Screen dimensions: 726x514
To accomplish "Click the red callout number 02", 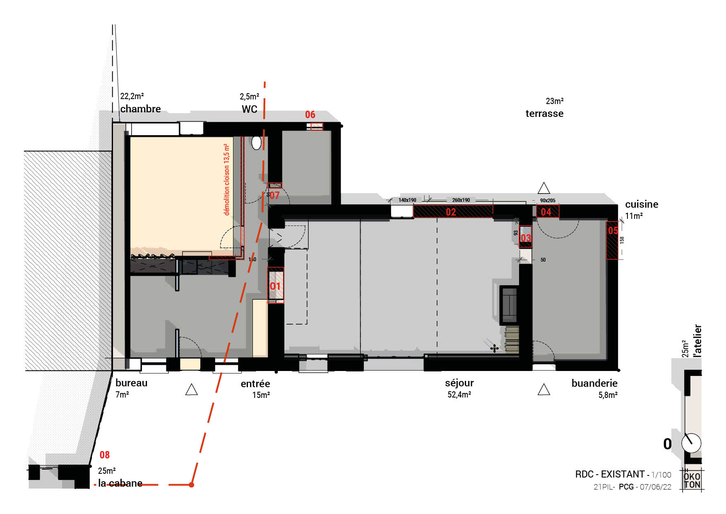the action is (x=451, y=212).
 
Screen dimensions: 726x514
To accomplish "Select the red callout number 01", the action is (x=275, y=286).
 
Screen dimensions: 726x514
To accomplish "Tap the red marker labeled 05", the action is (x=613, y=230).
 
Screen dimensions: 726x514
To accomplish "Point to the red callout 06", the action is (x=310, y=115).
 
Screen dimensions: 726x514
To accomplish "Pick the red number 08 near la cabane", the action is (x=105, y=455).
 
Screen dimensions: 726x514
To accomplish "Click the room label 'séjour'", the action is (x=459, y=383).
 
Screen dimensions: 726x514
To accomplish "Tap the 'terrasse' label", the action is (x=544, y=114).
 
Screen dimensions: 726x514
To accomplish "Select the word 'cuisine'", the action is (x=642, y=204).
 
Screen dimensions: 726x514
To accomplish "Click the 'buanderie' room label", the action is (x=594, y=383).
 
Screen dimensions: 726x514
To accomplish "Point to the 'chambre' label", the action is (x=140, y=109).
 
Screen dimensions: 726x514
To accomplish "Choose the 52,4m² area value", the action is (x=459, y=395).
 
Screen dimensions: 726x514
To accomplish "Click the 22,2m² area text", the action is (x=132, y=96).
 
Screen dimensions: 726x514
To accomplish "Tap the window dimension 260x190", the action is (x=461, y=200).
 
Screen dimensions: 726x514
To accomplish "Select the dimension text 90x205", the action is (x=548, y=201).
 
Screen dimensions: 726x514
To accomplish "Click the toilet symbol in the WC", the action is (x=257, y=143).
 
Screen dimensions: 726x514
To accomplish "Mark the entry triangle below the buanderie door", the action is (x=543, y=390).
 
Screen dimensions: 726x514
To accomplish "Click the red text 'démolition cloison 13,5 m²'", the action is (x=226, y=179).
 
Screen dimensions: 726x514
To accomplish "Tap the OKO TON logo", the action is (x=692, y=480).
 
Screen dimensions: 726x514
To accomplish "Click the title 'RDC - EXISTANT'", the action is (x=610, y=474).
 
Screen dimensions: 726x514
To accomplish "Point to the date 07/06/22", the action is (x=656, y=487).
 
